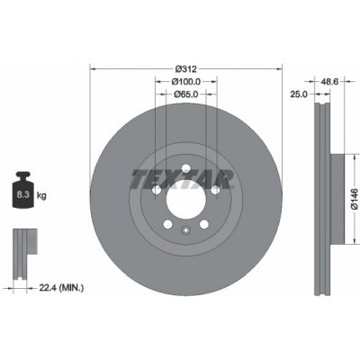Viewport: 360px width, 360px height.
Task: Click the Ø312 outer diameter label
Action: point(186,69)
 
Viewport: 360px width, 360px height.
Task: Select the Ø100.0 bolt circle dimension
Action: point(186,82)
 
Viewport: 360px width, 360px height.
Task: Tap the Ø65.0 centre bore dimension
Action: point(186,94)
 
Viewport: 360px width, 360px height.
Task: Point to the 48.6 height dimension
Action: point(329,81)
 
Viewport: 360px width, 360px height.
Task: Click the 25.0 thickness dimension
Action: point(299,94)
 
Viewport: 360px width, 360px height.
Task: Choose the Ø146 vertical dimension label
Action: point(355,199)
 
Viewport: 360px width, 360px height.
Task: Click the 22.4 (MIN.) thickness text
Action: point(61,288)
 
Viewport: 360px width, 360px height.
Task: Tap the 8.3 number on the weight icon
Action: point(22,195)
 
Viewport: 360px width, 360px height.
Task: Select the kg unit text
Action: point(41,196)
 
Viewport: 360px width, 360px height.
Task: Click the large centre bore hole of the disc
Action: point(186,199)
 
